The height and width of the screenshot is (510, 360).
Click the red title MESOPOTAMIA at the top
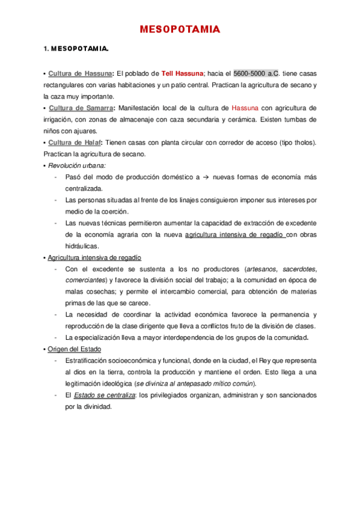(x=180, y=29)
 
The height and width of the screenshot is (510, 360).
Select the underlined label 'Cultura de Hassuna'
(x=80, y=73)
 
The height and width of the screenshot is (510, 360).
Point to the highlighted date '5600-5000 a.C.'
(x=256, y=73)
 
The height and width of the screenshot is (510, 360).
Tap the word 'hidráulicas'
(x=83, y=246)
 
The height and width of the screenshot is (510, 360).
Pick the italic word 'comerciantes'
(x=86, y=280)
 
